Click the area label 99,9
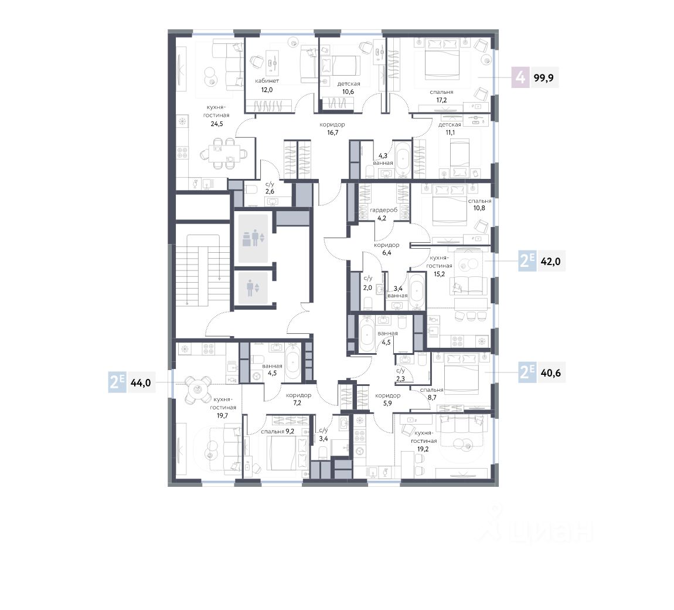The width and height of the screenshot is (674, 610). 543,78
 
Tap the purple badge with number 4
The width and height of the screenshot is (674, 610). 520,78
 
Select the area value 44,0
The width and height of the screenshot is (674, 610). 141,382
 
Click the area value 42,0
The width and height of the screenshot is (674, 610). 550,261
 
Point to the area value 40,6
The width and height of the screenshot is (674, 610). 550,372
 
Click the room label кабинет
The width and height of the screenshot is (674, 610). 267,80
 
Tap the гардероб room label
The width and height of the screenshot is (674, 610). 384,210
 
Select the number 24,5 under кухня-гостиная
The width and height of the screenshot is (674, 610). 217,123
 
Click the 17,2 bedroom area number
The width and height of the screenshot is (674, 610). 441,100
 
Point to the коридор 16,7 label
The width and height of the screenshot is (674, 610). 332,128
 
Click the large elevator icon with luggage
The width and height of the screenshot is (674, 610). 253,238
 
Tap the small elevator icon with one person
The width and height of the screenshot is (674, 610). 253,288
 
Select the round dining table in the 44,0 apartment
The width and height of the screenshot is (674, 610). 198,389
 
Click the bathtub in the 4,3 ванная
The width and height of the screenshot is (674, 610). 403,159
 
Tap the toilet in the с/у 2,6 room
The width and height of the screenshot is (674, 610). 251,189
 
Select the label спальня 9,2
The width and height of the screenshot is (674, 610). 277,431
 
